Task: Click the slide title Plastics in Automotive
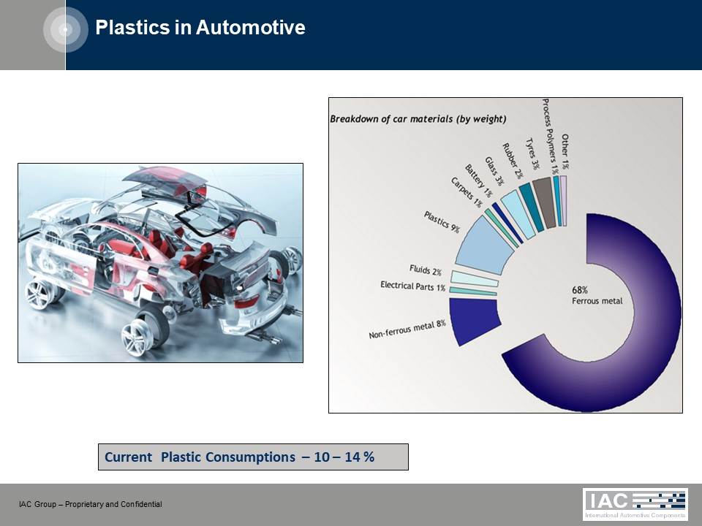200,27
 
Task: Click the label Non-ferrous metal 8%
407,329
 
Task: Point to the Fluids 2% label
426,270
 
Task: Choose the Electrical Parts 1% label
412,286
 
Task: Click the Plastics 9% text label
442,222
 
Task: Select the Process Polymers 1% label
550,137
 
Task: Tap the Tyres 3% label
532,153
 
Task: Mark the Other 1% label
565,151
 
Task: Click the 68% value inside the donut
580,290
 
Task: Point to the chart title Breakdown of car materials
418,119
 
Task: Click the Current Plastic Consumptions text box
253,457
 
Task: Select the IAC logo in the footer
635,503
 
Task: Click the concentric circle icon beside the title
66,29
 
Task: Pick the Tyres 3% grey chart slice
544,202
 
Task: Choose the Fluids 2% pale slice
474,278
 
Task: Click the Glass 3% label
494,171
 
